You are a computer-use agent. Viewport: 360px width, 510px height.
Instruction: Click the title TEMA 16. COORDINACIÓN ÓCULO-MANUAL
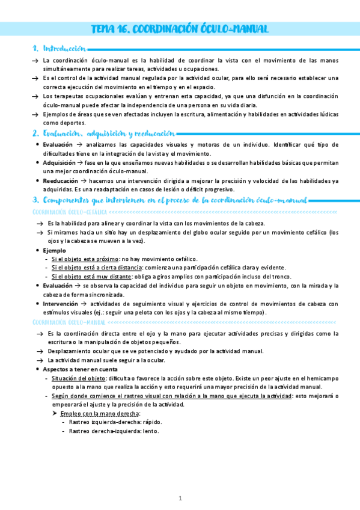(x=179, y=29)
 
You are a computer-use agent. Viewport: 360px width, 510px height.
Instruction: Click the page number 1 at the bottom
(x=180, y=499)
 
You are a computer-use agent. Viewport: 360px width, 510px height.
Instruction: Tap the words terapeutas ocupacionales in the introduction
(x=86, y=96)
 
